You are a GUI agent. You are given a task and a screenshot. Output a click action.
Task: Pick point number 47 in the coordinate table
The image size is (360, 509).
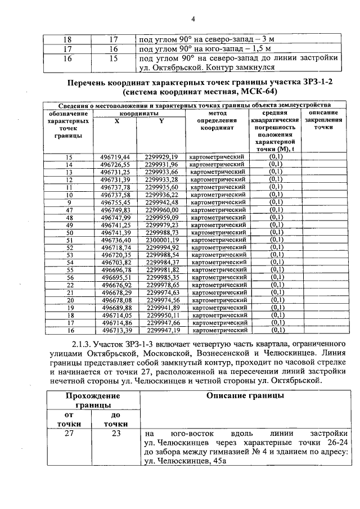pos(70,210)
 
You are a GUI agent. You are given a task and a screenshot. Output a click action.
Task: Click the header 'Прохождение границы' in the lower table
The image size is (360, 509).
pos(87,400)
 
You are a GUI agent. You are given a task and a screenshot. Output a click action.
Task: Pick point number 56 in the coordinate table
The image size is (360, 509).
pos(70,277)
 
